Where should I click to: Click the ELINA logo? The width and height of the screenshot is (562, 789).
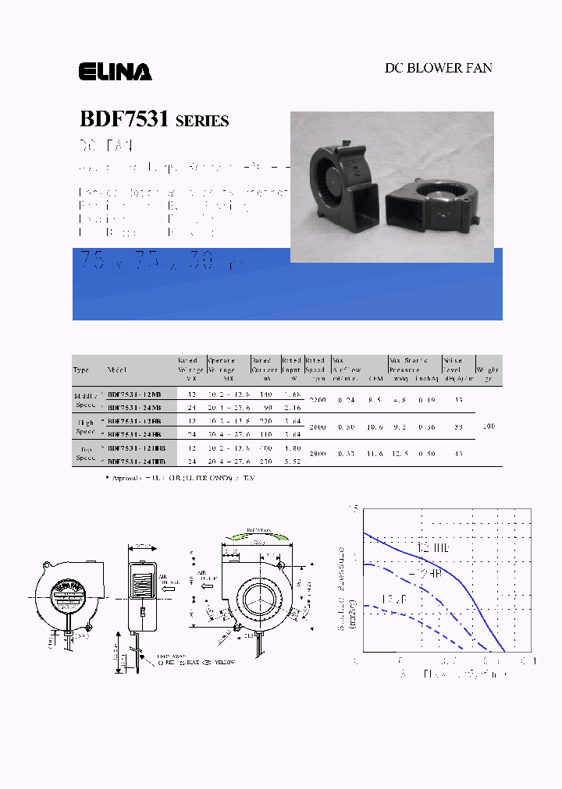coord(115,73)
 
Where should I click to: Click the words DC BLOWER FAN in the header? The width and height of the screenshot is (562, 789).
coord(438,68)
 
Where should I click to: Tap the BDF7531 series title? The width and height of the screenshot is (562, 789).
coord(154,120)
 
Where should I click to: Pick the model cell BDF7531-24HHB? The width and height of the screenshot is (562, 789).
coord(137,462)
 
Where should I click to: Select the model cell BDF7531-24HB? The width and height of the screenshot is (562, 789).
coord(134,433)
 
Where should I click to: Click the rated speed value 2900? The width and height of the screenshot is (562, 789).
coord(317,453)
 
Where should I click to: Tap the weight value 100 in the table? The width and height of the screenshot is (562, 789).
coord(489,426)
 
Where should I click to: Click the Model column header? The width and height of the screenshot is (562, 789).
coord(116,370)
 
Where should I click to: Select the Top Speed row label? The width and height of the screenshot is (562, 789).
coord(85,454)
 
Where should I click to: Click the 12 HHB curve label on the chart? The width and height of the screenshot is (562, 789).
coord(434,549)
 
